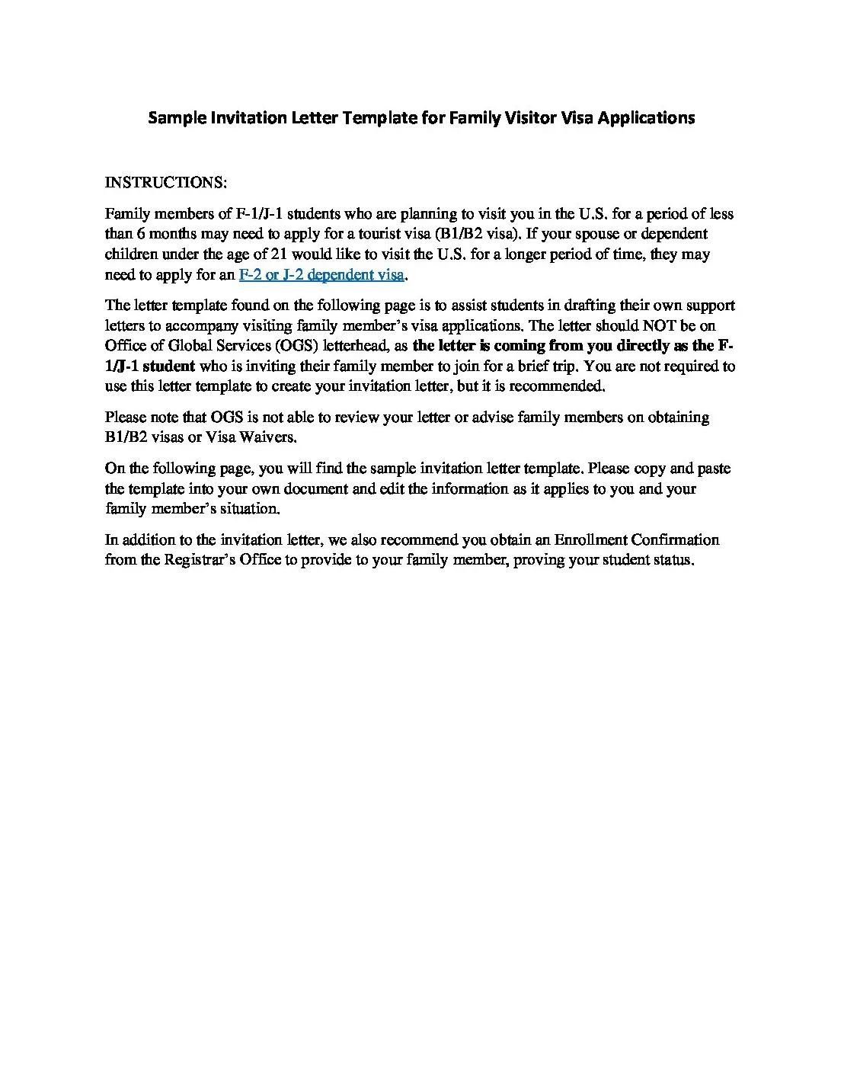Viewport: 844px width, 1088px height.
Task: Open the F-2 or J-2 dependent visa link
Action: (x=321, y=275)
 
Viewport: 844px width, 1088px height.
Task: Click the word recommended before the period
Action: (x=556, y=386)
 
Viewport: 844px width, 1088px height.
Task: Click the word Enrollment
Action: (x=590, y=540)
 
